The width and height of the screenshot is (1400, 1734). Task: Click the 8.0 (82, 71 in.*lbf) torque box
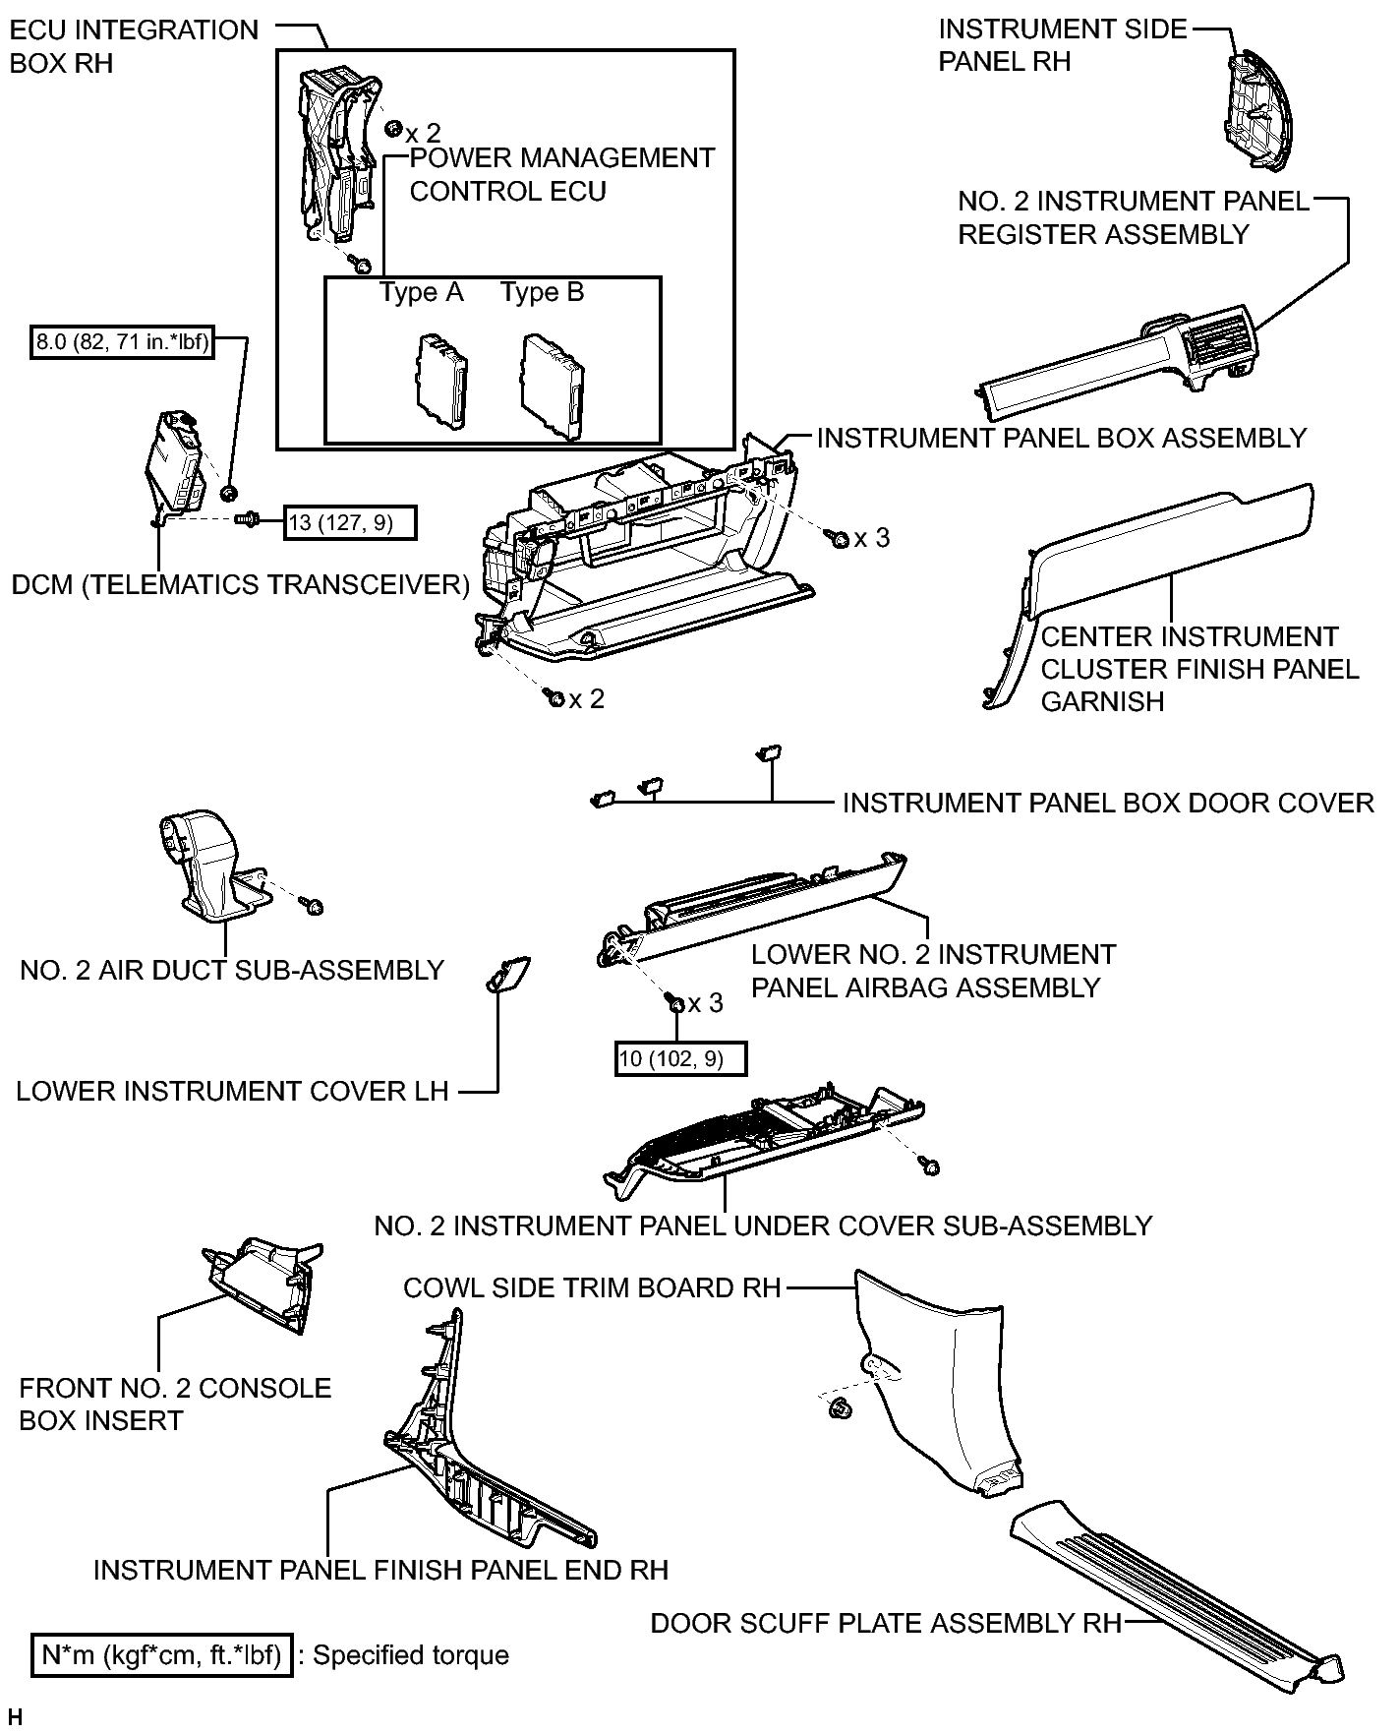(x=122, y=342)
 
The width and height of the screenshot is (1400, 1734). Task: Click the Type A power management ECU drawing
(x=443, y=381)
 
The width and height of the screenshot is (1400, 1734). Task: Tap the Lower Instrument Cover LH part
(x=508, y=975)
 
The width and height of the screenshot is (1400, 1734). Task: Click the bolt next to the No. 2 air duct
(x=314, y=905)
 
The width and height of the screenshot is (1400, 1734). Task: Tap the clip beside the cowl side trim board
(x=842, y=1408)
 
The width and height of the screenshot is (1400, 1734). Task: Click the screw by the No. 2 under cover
(x=929, y=1166)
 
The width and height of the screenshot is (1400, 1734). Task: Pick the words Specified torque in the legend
(x=411, y=1655)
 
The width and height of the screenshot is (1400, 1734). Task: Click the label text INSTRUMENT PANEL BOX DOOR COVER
(x=1108, y=803)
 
